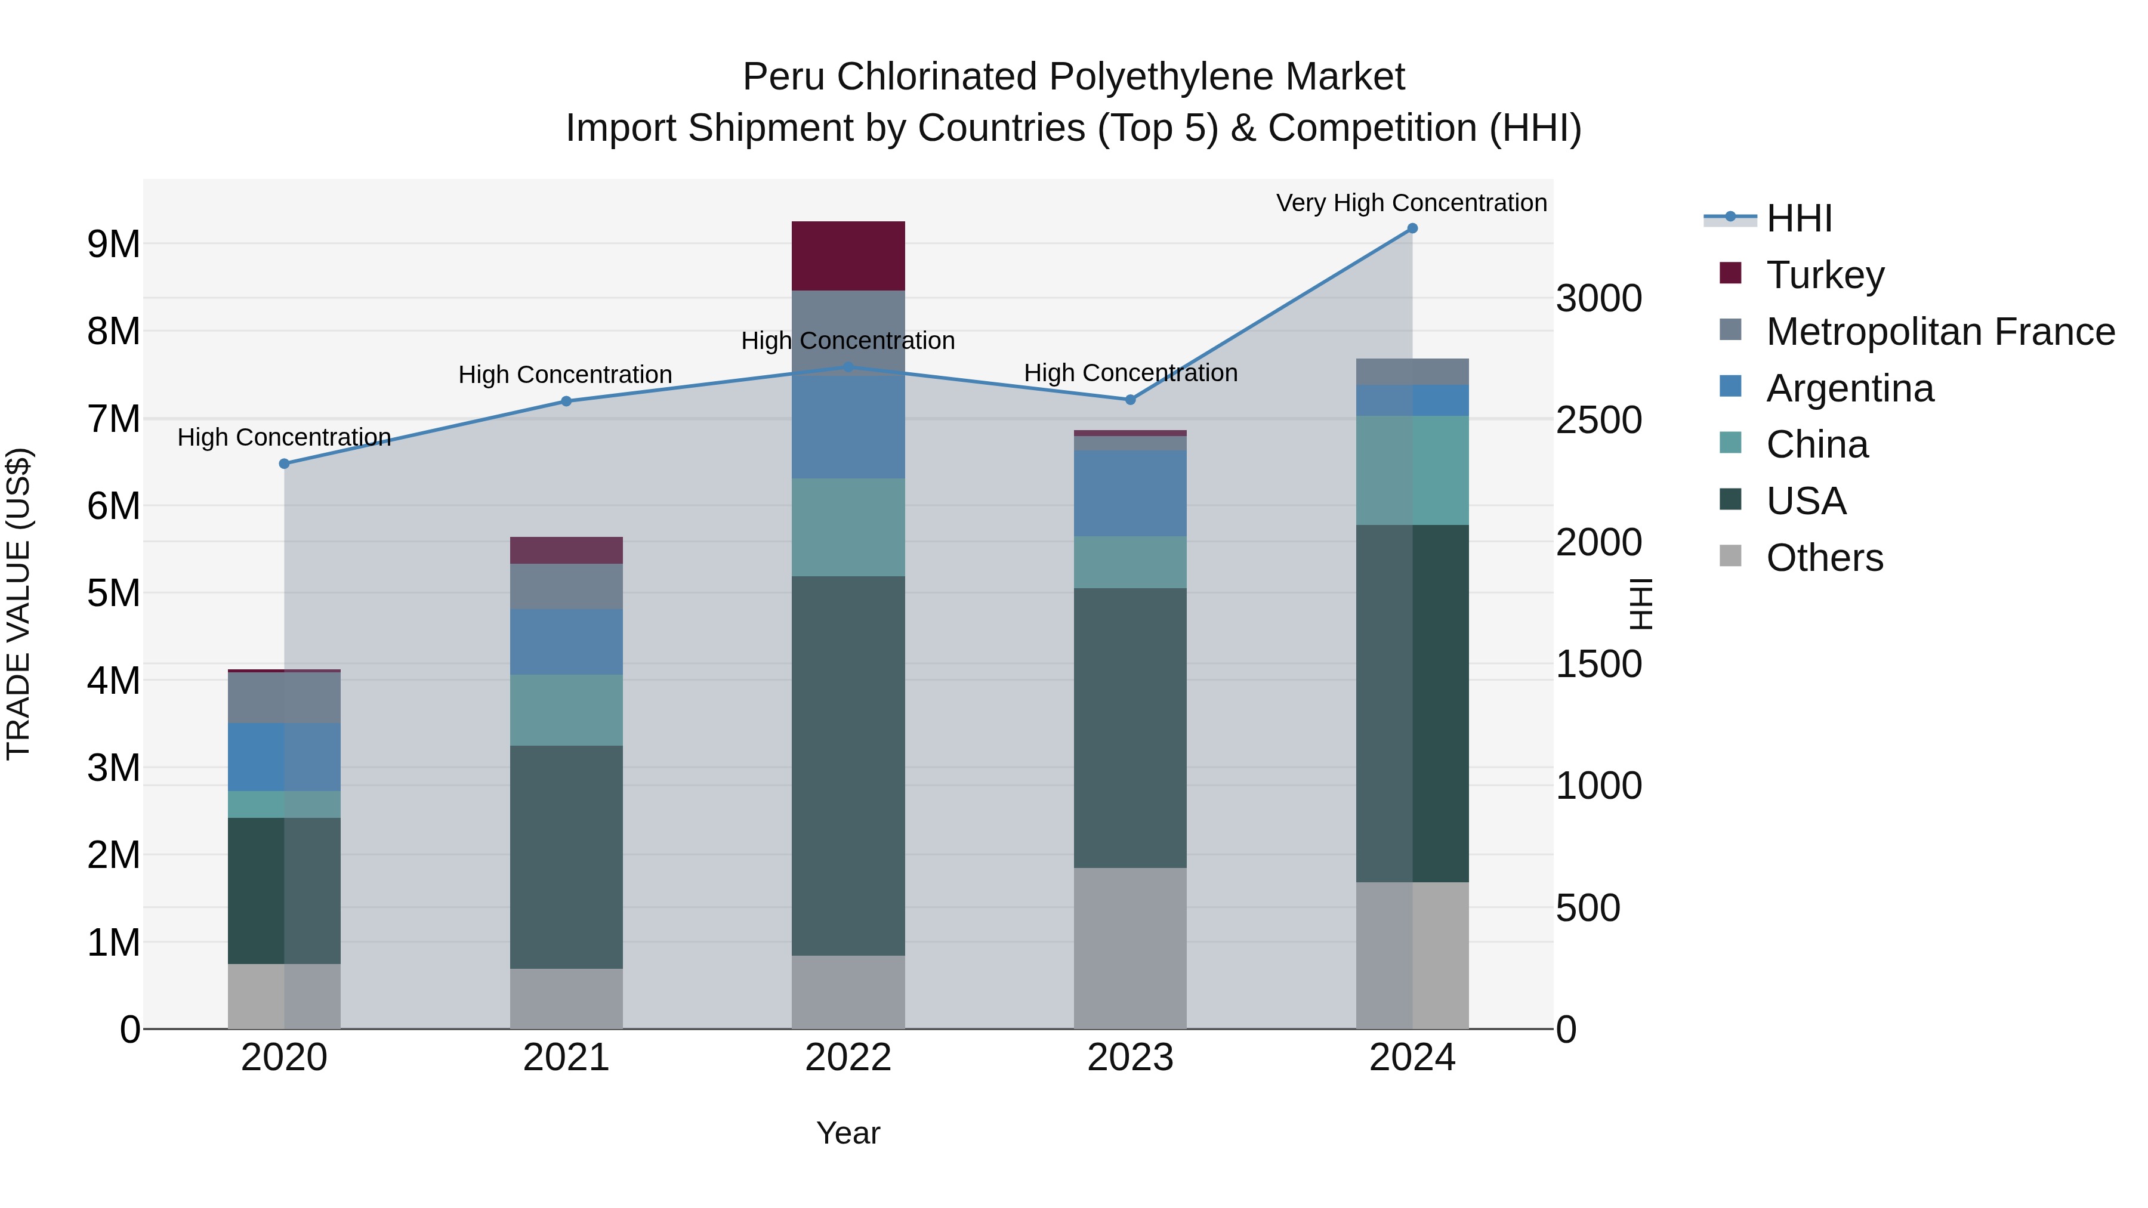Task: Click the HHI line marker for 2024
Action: pyautogui.click(x=1412, y=228)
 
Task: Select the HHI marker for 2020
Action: pyautogui.click(x=285, y=464)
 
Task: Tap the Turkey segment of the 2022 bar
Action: pyautogui.click(x=848, y=256)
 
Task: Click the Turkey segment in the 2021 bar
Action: pyautogui.click(x=566, y=550)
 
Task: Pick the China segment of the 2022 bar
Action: pyautogui.click(x=848, y=527)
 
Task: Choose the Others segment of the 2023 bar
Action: pyautogui.click(x=1130, y=948)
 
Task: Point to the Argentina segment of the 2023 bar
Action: pyautogui.click(x=1130, y=493)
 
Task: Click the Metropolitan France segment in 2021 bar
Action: pyautogui.click(x=566, y=586)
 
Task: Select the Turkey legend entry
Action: pyautogui.click(x=1825, y=274)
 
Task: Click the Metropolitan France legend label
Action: pyautogui.click(x=1940, y=331)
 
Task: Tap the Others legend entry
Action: pyautogui.click(x=1825, y=557)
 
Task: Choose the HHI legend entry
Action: pyautogui.click(x=1798, y=218)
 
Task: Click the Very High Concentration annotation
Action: pyautogui.click(x=1411, y=203)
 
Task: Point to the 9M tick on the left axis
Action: pyautogui.click(x=113, y=244)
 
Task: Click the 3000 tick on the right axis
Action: pyautogui.click(x=1598, y=298)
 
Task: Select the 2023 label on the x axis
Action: pyautogui.click(x=1130, y=1057)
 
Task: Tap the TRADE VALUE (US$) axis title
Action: pyautogui.click(x=18, y=604)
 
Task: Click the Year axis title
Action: pyautogui.click(x=848, y=1133)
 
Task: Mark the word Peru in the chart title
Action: pyautogui.click(x=783, y=77)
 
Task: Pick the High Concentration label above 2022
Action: pyautogui.click(x=848, y=341)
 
